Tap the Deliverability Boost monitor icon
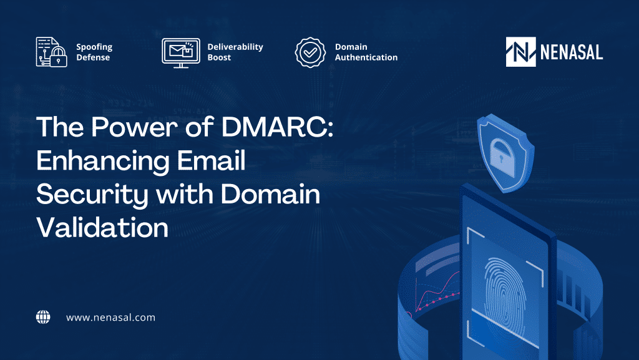coord(180,52)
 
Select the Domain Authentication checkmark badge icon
coord(310,52)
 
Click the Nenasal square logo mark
coord(521,52)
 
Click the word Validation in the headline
coord(102,228)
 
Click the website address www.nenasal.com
coord(110,318)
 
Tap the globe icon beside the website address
coord(42,317)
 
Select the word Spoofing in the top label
coord(94,47)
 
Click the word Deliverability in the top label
coord(235,47)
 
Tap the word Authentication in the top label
coord(366,57)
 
